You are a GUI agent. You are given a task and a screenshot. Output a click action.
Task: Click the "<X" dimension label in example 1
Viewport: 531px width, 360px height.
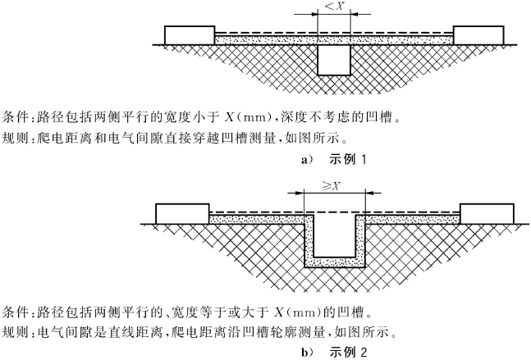tap(334, 6)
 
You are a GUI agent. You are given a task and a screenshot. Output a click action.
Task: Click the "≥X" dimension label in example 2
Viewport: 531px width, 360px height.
tap(331, 186)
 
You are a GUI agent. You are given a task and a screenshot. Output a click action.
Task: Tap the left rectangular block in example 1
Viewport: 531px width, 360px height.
tap(190, 35)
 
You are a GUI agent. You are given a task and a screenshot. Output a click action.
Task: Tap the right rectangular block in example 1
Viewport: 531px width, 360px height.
tap(478, 35)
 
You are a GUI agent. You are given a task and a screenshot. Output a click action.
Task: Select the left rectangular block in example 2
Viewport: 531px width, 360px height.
tap(182, 214)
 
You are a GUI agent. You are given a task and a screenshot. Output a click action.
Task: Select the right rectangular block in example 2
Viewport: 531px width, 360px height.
tap(487, 214)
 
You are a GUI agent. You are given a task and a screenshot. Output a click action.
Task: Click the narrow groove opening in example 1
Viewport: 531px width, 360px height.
tap(334, 60)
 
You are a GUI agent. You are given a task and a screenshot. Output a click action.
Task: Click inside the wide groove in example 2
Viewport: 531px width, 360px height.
tap(335, 236)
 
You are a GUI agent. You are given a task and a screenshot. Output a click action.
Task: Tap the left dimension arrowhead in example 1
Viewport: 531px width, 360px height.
tap(314, 14)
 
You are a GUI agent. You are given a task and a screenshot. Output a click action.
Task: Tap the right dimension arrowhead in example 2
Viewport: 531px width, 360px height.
tap(369, 194)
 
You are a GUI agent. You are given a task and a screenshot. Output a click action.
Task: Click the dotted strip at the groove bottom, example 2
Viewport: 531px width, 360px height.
tap(335, 262)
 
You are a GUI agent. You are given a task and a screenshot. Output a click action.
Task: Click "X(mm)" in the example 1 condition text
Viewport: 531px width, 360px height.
tap(249, 117)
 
